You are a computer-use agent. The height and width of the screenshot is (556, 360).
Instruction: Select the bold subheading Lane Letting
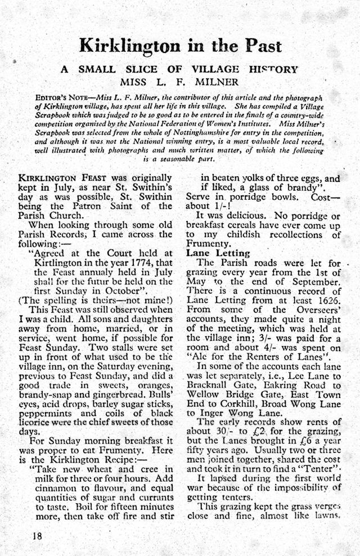tap(213, 253)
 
